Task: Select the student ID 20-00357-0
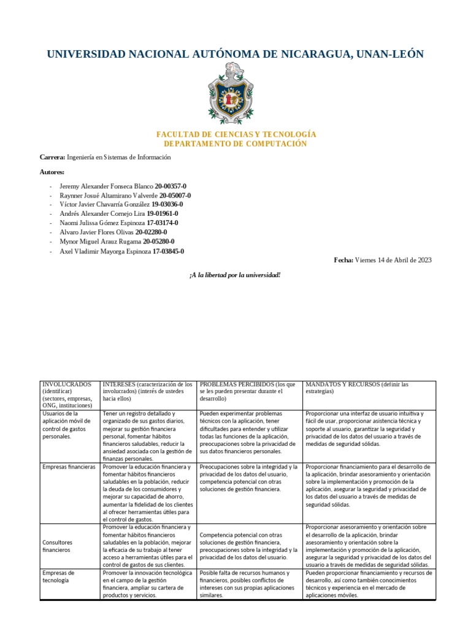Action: (x=171, y=186)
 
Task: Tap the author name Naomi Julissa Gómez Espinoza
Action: (x=102, y=223)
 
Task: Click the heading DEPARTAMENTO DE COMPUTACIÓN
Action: (x=235, y=144)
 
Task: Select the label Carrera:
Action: (x=52, y=158)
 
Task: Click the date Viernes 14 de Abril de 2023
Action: (x=394, y=260)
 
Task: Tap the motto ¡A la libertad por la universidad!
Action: (x=235, y=275)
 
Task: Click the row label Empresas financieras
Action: (x=69, y=467)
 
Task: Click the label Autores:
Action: (x=52, y=172)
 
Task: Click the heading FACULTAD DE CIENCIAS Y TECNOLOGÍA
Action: (x=235, y=134)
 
